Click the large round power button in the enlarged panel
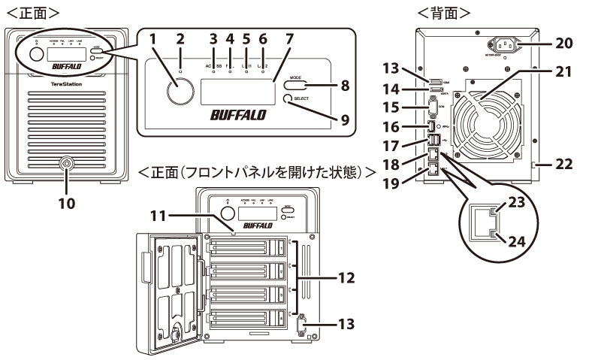pyautogui.click(x=180, y=93)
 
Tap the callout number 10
pyautogui.click(x=68, y=204)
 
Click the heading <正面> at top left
pyautogui.click(x=33, y=11)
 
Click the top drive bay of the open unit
pyautogui.click(x=248, y=244)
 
